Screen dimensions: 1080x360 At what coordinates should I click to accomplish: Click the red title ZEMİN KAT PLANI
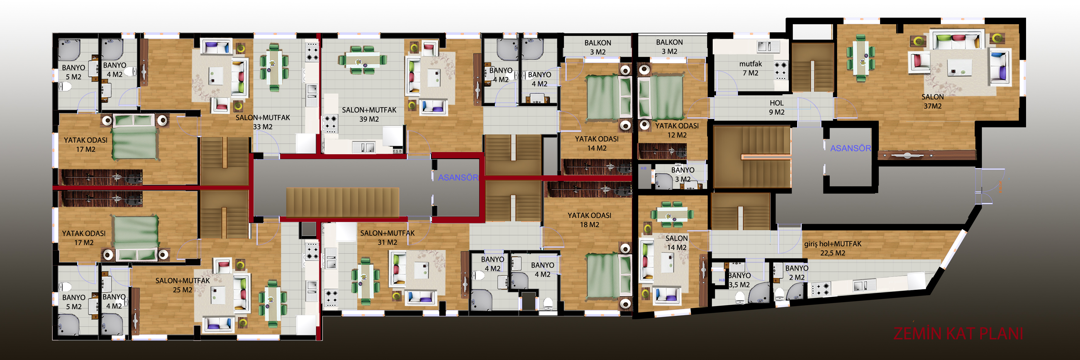point(958,333)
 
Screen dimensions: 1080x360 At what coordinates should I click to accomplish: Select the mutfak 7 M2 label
point(750,68)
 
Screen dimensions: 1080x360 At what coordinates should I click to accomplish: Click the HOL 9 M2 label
point(776,107)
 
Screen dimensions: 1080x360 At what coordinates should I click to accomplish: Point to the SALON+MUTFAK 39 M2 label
point(369,114)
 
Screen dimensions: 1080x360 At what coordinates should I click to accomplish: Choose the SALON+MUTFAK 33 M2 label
point(262,122)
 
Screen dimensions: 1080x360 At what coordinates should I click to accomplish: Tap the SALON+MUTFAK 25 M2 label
point(182,285)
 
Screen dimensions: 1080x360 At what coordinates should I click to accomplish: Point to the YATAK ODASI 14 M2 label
point(597,143)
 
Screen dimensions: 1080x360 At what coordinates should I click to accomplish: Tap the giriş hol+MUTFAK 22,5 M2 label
point(833,248)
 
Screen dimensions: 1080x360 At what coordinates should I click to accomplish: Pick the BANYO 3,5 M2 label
point(739,280)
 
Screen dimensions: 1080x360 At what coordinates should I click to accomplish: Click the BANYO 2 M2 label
point(797,273)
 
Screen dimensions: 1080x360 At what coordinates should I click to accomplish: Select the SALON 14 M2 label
point(677,243)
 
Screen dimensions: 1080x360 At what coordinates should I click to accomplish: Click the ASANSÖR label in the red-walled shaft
point(458,177)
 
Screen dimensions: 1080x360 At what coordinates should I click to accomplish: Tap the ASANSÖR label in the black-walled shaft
point(850,148)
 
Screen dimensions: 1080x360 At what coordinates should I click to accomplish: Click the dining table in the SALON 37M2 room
point(860,58)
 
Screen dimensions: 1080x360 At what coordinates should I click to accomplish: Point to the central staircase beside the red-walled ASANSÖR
point(342,202)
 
